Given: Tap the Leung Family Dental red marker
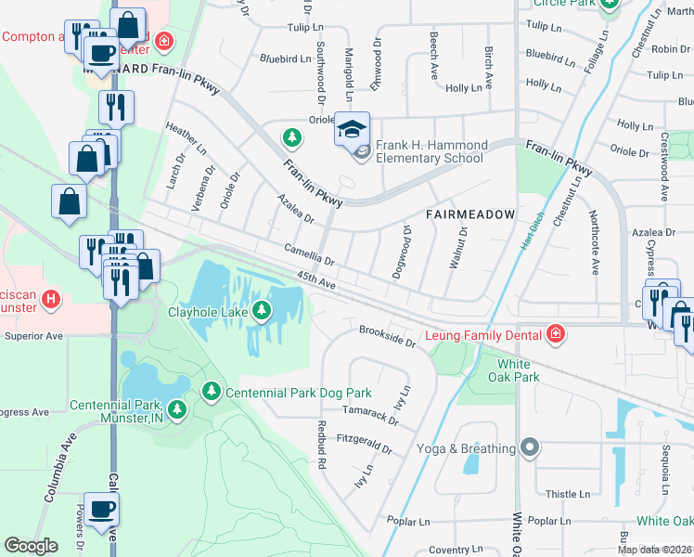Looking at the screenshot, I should (555, 333).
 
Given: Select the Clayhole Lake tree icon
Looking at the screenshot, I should (264, 311).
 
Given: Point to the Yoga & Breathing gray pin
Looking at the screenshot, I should (530, 448).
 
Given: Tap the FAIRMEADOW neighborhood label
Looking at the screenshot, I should (469, 214).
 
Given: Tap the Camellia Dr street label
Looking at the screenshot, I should (309, 255).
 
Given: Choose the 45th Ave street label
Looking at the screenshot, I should (315, 279).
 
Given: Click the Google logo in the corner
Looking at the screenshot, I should (31, 546).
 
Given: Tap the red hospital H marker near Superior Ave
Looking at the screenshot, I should (52, 300).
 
